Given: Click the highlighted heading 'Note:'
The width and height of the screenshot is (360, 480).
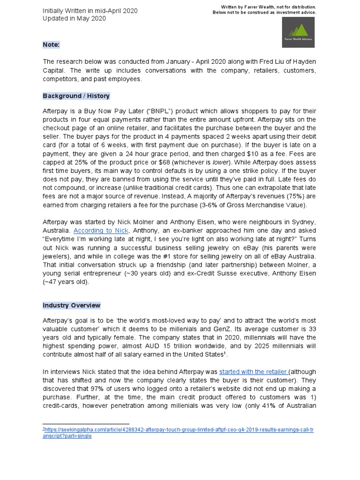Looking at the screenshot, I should pos(51,45).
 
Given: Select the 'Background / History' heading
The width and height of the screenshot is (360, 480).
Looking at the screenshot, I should pos(76,96).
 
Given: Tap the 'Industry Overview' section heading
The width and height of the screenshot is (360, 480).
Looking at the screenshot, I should pos(72,305).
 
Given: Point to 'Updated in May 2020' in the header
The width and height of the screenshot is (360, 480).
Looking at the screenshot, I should pos(74,19).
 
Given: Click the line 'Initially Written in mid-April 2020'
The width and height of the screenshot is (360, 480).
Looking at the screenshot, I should pos(90,11).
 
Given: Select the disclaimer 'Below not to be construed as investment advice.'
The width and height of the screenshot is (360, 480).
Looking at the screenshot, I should pos(264,13).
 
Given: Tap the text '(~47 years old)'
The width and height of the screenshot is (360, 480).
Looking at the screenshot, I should pos(65,282).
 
